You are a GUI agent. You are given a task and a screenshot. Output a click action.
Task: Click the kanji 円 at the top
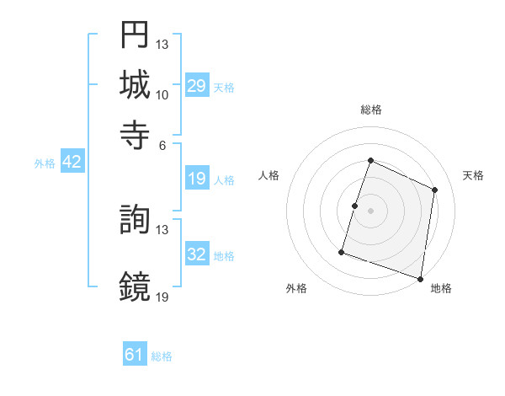135,35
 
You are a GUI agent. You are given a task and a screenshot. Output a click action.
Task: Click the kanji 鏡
135,286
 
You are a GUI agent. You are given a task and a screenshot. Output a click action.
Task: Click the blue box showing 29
196,86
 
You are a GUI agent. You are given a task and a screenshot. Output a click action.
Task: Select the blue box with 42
72,163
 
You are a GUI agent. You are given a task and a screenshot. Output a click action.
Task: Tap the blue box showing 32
196,254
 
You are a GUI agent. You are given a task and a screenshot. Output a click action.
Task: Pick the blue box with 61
135,355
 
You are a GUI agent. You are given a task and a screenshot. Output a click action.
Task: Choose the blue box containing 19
196,179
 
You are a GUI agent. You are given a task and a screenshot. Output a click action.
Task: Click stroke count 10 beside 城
162,94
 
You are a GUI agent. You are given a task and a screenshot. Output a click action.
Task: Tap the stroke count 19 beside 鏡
162,297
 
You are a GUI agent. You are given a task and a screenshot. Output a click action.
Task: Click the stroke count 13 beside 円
162,44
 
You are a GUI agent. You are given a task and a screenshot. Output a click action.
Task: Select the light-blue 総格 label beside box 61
162,356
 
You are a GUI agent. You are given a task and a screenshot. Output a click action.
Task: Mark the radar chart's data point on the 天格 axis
435,190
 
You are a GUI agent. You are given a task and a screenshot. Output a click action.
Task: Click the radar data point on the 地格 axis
420,278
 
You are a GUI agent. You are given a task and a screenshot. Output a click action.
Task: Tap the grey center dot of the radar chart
370,210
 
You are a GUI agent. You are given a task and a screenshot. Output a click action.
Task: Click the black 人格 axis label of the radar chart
269,175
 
